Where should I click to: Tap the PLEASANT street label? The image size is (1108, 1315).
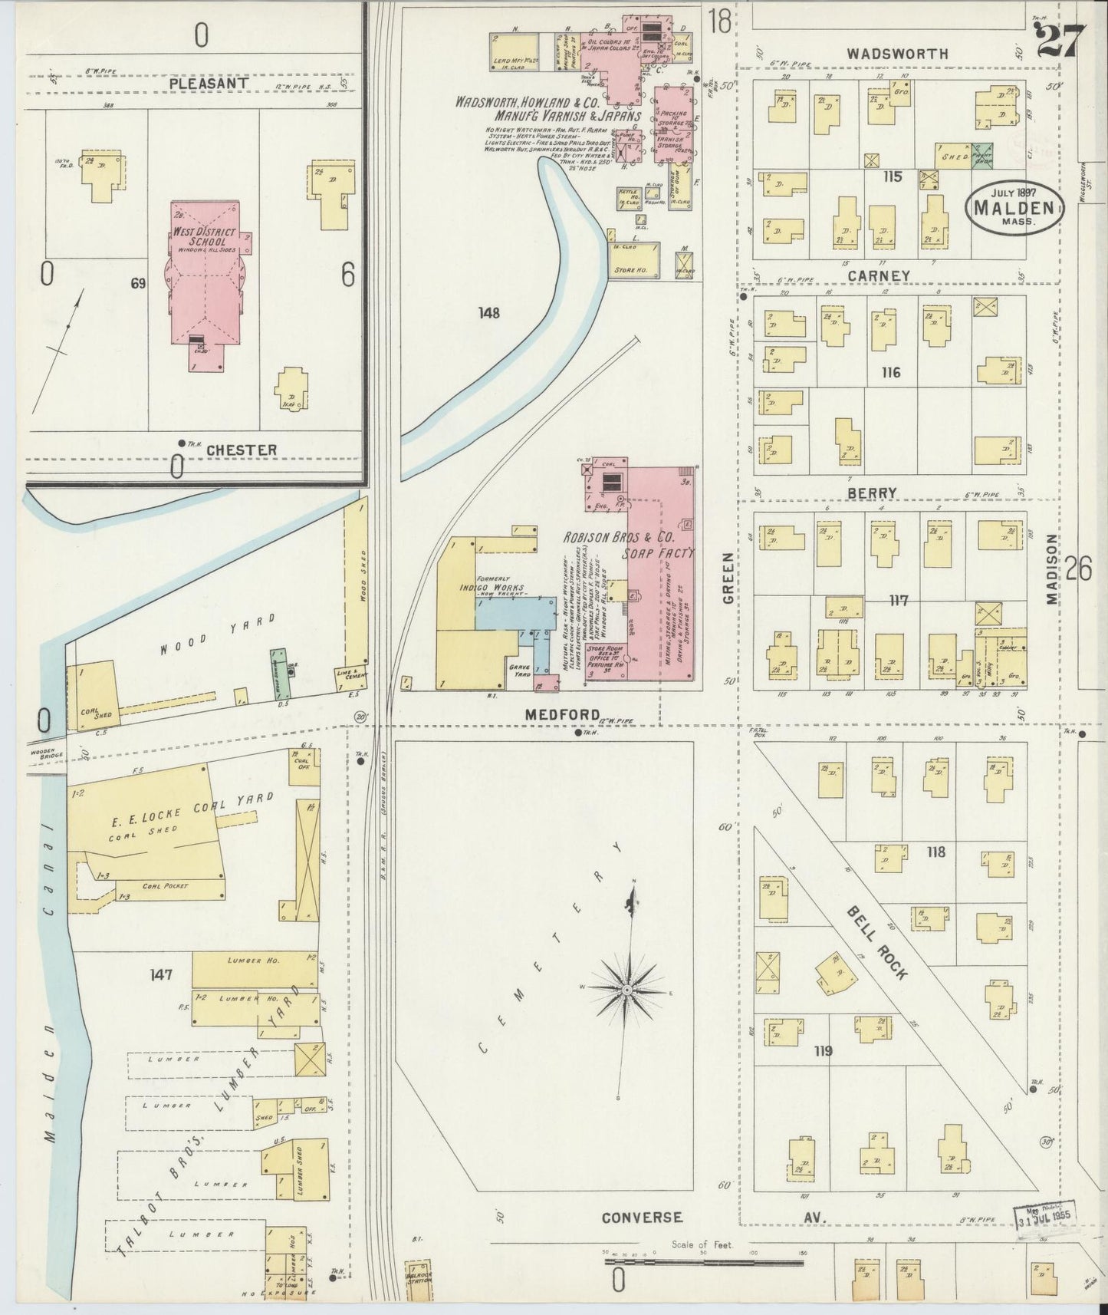click(209, 83)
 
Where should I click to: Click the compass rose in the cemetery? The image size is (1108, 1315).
click(627, 990)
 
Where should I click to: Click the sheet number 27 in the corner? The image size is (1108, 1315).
click(1061, 41)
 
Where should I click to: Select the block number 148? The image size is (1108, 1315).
click(488, 313)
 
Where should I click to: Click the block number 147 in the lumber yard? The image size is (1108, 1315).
click(161, 975)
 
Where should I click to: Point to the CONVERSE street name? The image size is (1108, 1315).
click(641, 1218)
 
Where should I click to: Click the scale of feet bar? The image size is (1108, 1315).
click(705, 1261)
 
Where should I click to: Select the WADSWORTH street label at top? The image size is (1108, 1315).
click(897, 54)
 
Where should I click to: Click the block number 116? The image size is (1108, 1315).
click(890, 373)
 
